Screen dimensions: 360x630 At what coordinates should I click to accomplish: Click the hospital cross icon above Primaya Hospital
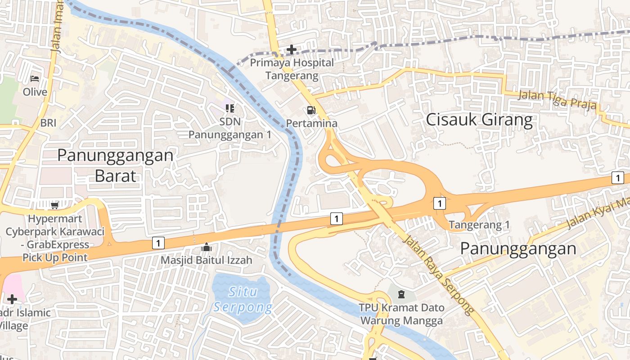coord(292,49)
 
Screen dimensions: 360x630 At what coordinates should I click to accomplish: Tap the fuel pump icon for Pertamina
coord(311,110)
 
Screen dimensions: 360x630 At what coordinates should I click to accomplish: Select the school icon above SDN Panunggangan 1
coord(230,108)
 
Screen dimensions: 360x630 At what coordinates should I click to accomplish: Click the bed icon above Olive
coord(35,79)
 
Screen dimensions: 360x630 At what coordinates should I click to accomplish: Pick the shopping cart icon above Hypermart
coord(54,206)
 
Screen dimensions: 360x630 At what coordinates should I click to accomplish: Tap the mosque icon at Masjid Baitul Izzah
coord(207,247)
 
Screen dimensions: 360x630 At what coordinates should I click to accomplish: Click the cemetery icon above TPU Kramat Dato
coord(401,295)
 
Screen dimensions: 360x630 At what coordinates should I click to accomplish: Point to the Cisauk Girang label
coord(479,120)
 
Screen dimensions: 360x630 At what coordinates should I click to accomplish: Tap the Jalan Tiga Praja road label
coord(557,100)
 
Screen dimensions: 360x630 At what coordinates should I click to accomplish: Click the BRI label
coord(48,123)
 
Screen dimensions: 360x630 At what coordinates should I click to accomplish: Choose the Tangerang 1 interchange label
coord(479,225)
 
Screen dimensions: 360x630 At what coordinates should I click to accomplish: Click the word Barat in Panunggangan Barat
coord(115,175)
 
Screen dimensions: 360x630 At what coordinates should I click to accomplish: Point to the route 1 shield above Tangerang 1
coord(439,203)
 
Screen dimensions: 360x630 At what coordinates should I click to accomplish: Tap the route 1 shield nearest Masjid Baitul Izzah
coord(157,243)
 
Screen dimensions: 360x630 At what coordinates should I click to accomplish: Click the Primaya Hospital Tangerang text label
coord(292,69)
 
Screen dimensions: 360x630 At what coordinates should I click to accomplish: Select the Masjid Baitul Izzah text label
coord(207,260)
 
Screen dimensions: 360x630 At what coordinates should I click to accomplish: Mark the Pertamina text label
coord(311,123)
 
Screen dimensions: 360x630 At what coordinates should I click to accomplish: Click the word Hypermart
coord(55,219)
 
